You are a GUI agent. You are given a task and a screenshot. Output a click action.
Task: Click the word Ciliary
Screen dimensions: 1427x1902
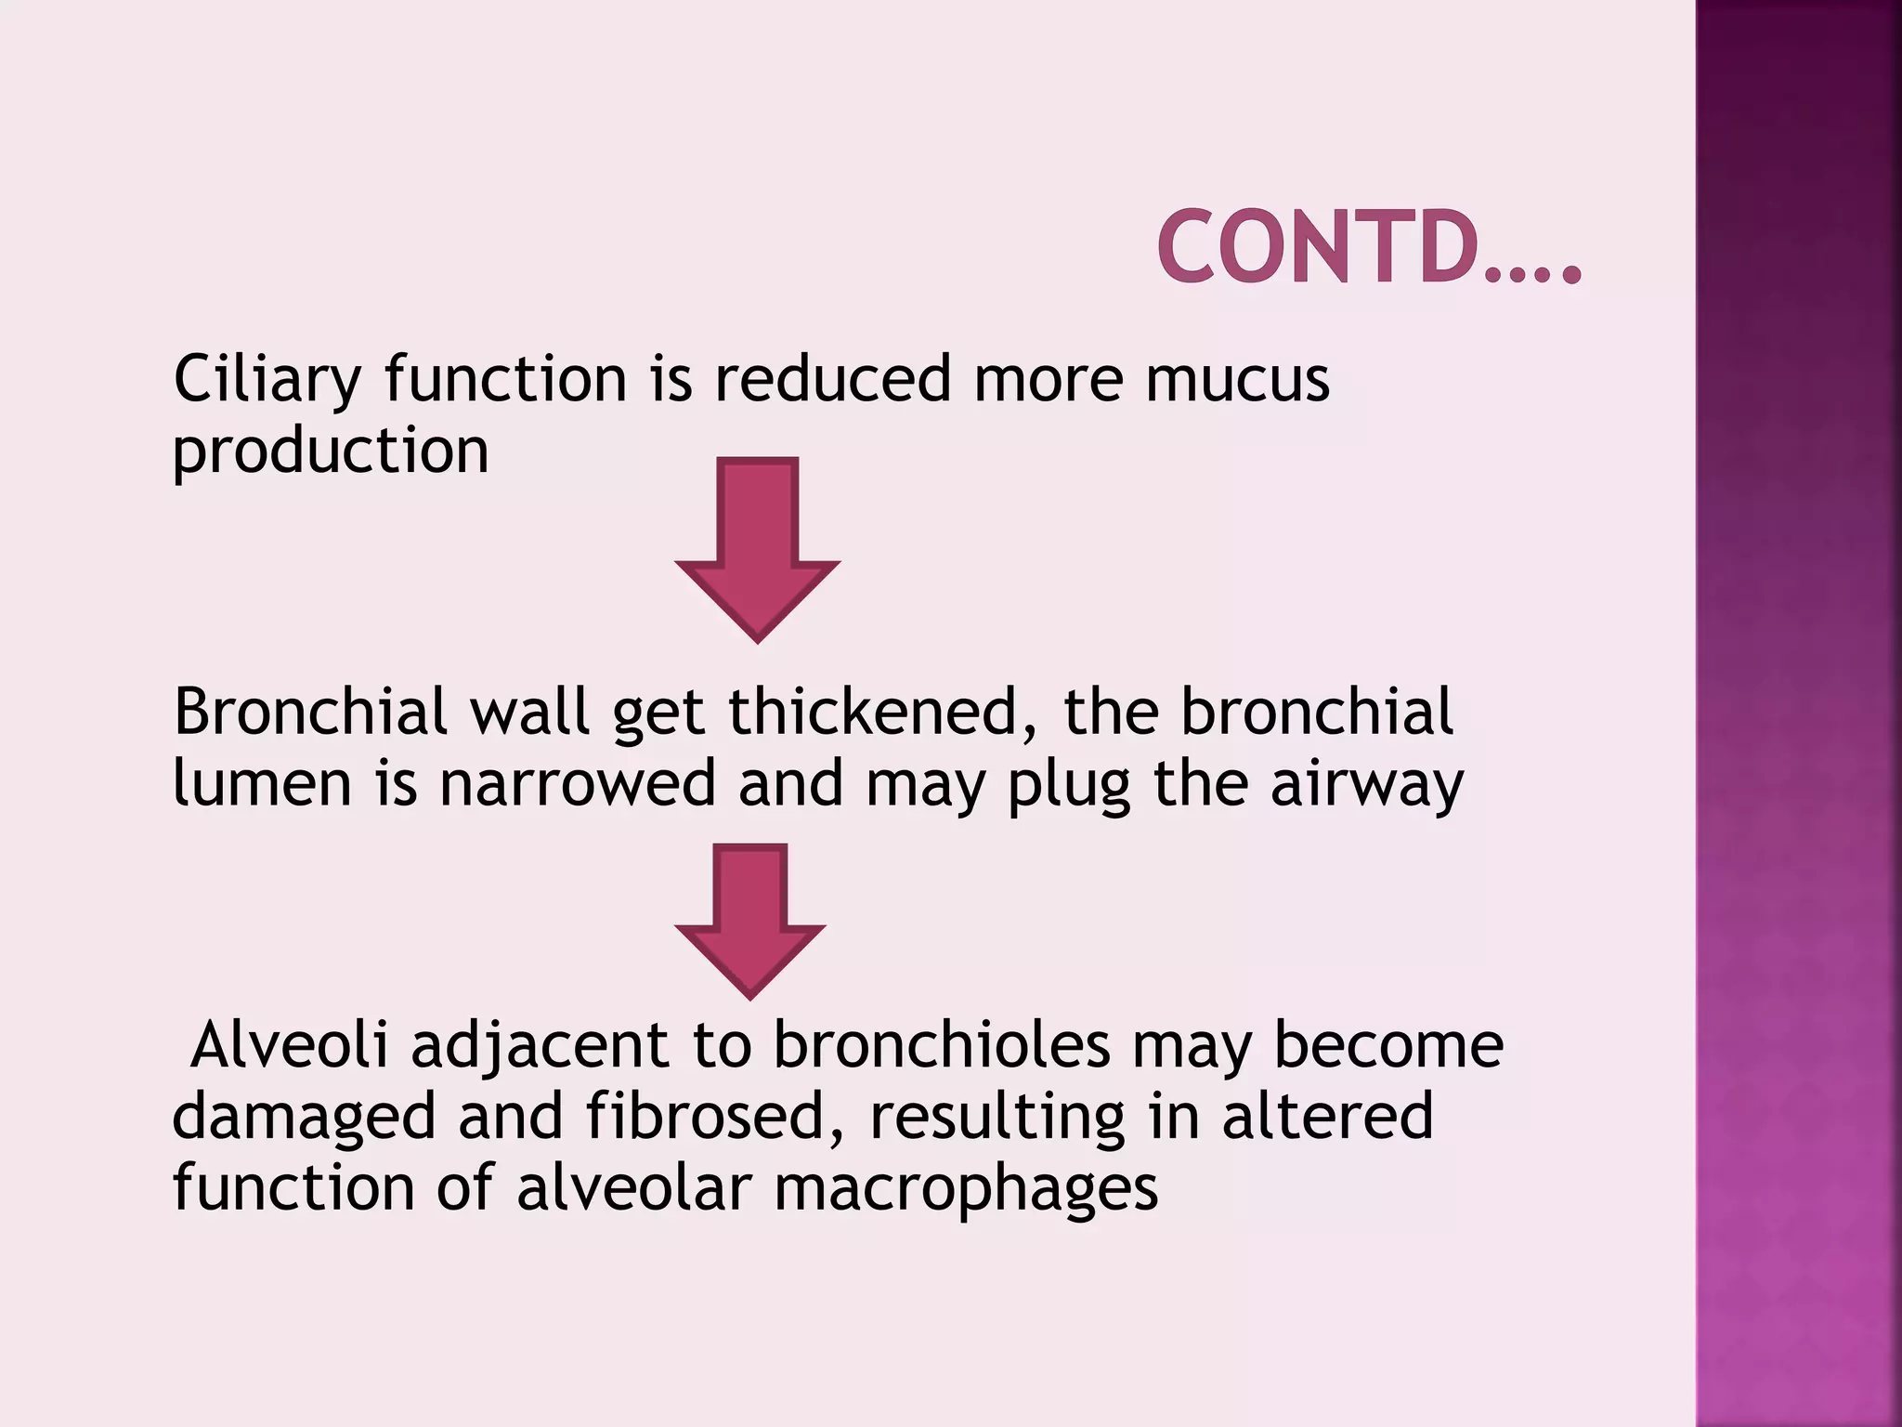pos(267,381)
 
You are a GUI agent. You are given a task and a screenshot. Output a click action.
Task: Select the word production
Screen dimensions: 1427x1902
pos(331,452)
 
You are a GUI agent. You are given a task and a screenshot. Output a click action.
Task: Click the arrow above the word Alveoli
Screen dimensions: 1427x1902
pos(750,920)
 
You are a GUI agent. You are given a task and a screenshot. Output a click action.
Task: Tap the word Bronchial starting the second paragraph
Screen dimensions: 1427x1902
pos(311,713)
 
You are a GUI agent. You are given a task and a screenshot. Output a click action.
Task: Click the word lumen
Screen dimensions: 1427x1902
pos(262,784)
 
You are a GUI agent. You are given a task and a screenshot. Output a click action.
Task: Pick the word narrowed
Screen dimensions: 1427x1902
pos(577,784)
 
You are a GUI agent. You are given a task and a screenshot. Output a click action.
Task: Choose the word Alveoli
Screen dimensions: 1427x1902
pos(289,1045)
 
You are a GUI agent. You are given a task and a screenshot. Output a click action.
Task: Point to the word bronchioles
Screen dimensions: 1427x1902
pos(942,1045)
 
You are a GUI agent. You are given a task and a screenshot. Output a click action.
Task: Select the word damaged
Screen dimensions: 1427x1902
pos(304,1119)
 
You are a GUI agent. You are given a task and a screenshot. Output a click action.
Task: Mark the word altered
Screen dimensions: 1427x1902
pos(1327,1117)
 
